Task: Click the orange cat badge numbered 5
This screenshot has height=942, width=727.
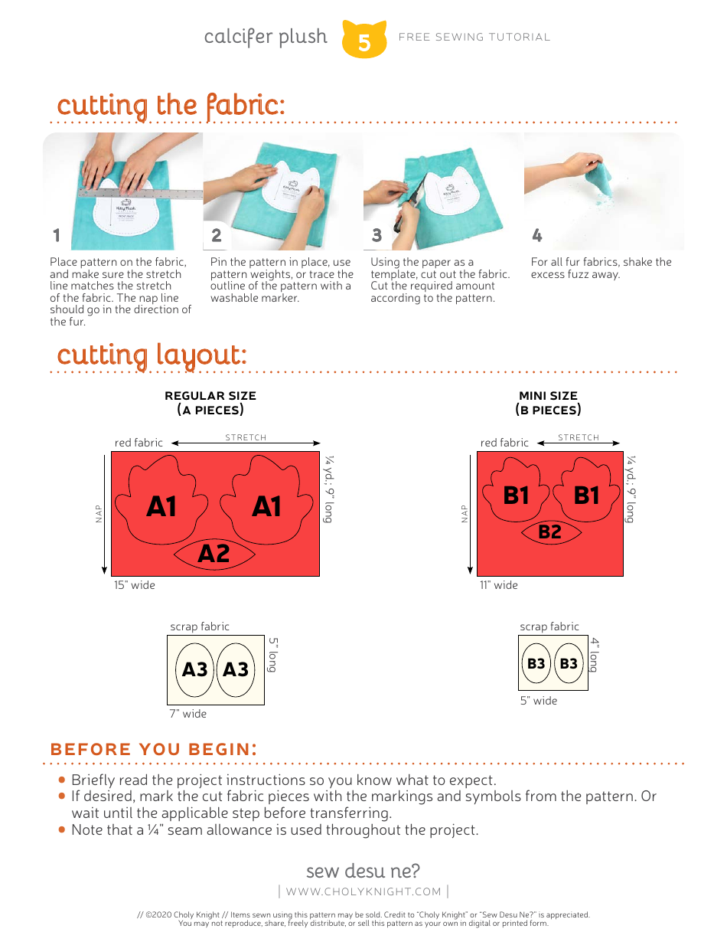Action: (364, 40)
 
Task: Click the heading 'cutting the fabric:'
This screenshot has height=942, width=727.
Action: (171, 105)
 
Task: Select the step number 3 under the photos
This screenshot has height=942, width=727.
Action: (377, 235)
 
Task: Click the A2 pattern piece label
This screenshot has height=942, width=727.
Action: (214, 553)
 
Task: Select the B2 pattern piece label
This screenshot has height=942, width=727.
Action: (549, 532)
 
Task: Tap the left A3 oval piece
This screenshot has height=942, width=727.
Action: (194, 669)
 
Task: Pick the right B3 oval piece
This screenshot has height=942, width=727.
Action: (569, 663)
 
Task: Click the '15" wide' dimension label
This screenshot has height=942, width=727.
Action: (135, 585)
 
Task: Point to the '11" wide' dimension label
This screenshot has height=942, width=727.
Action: (498, 585)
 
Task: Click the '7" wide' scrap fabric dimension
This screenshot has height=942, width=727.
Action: (188, 714)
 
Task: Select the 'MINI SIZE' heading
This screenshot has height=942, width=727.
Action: (548, 396)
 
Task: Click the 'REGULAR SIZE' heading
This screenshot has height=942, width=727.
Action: (210, 396)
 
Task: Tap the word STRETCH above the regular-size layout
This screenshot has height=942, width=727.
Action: (246, 437)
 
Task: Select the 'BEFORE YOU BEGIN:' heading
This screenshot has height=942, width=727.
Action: (153, 749)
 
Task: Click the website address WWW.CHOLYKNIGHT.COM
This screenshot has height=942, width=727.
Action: (363, 891)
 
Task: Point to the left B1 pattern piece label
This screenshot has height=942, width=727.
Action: (517, 496)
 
